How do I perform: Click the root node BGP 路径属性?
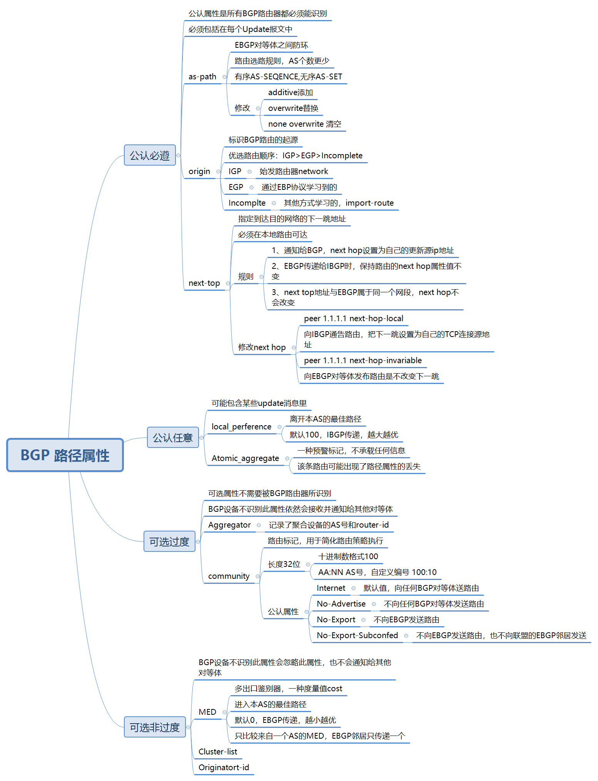click(x=65, y=455)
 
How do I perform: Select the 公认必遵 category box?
click(x=150, y=155)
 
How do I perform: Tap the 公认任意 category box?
click(x=173, y=437)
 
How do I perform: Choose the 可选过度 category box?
click(x=169, y=541)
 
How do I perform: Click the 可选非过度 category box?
click(x=155, y=727)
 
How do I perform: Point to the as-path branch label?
click(x=202, y=77)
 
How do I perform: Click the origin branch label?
click(x=199, y=171)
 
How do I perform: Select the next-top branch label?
click(x=204, y=283)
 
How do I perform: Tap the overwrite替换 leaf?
click(x=293, y=108)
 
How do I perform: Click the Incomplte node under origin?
click(x=247, y=203)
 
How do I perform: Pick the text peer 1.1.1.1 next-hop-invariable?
click(x=363, y=360)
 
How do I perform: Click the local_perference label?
click(x=241, y=427)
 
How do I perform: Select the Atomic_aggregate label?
click(x=245, y=458)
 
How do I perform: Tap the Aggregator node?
click(x=229, y=525)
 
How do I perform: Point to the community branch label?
click(x=229, y=576)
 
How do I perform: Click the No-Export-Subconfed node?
click(x=357, y=635)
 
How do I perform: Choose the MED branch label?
click(x=207, y=712)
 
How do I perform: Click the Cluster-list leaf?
click(x=218, y=752)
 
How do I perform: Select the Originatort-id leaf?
click(x=224, y=768)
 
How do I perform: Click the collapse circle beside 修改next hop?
click(x=294, y=347)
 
